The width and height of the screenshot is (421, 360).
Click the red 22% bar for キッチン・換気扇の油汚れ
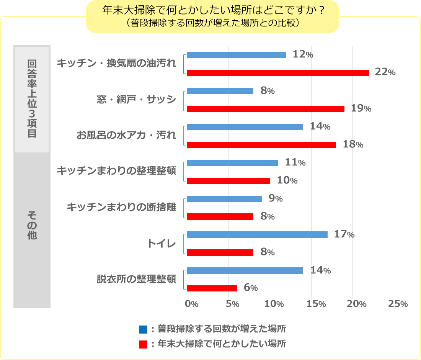click(x=278, y=73)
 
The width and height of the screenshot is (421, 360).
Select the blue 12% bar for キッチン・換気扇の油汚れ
click(x=237, y=55)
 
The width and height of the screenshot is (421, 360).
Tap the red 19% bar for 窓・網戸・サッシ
click(x=266, y=109)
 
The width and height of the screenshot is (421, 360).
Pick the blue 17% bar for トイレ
click(x=257, y=234)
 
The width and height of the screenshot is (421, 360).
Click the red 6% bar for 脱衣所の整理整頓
click(x=212, y=288)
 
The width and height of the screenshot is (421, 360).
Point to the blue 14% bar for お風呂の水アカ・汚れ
click(x=245, y=127)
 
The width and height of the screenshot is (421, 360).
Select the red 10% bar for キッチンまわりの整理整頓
click(x=228, y=181)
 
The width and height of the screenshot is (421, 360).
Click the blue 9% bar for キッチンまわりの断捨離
click(x=224, y=199)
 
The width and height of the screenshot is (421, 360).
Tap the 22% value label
click(x=385, y=72)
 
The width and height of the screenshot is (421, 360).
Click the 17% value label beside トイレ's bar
click(x=344, y=234)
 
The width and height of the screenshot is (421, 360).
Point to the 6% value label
click(x=250, y=288)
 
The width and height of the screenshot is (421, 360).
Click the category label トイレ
click(x=162, y=243)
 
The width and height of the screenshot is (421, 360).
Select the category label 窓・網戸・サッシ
click(x=136, y=100)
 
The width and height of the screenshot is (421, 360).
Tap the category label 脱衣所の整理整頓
click(x=136, y=279)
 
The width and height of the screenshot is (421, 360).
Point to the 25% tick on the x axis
click(x=398, y=304)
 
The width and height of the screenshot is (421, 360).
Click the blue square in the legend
click(x=143, y=329)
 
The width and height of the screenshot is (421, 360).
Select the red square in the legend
click(x=143, y=344)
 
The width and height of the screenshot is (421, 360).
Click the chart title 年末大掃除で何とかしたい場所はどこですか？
click(x=213, y=10)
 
